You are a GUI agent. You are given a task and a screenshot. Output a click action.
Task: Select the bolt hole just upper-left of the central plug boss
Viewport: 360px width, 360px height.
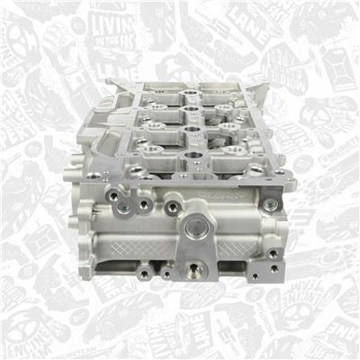172,208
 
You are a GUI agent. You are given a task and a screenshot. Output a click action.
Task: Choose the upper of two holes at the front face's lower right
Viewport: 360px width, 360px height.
269,254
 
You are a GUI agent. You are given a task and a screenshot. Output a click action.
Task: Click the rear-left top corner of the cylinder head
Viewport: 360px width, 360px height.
111,83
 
